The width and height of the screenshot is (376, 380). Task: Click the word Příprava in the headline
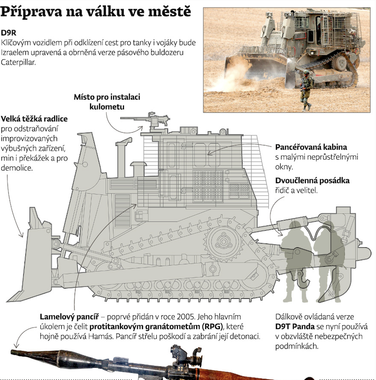coord(31,11)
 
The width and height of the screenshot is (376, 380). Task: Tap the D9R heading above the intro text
coord(8,33)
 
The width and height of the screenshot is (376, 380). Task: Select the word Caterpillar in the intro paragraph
coord(18,62)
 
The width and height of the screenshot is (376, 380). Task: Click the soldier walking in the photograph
coord(307,90)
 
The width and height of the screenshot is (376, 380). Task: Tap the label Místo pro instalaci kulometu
coord(107,102)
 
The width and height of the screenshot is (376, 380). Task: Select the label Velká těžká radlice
coord(34,119)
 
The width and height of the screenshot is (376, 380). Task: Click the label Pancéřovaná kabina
coord(311,147)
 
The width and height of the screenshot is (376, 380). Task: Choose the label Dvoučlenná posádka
coord(312,180)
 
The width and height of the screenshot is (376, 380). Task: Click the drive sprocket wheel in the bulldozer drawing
coord(223,241)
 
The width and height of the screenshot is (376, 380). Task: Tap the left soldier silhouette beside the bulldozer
coord(296,261)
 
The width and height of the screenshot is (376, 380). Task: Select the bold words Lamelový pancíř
coord(69,317)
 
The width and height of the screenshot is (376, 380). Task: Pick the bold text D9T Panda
coord(295,327)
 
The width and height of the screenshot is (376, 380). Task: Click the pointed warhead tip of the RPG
coord(12,352)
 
